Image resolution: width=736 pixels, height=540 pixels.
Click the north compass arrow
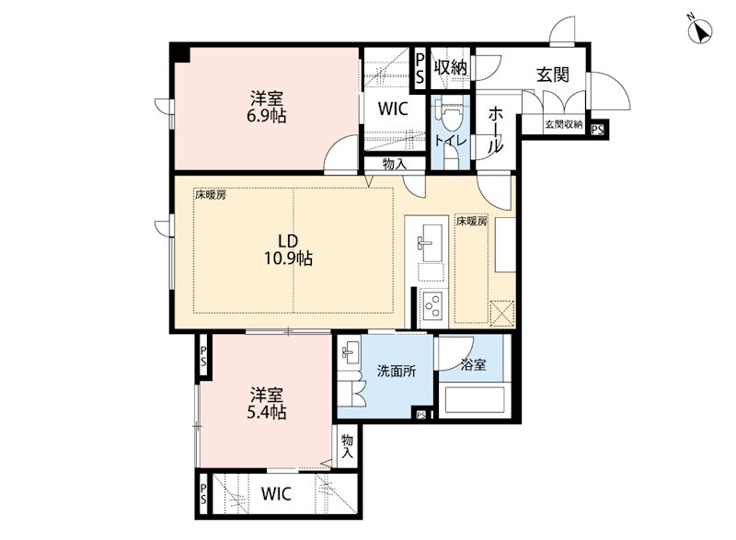tap(701, 31)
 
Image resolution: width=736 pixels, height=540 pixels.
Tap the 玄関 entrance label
tap(553, 75)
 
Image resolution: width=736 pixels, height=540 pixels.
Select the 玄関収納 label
tap(563, 125)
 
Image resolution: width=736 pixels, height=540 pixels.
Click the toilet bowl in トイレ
tap(450, 116)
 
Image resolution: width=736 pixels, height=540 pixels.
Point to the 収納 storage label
tap(450, 67)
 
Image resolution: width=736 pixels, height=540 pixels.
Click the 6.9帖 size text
tap(266, 115)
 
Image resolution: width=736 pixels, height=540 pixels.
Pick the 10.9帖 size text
tap(288, 258)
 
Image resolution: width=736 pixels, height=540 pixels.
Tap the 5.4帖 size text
tap(266, 412)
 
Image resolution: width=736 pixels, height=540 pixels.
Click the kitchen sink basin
tap(431, 243)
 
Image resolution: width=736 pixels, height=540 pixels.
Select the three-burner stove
tap(431, 304)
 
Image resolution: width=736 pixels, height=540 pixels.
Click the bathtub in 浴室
tap(474, 400)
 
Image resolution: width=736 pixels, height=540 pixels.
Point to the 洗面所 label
tap(397, 371)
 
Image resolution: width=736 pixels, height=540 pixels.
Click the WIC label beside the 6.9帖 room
tap(393, 109)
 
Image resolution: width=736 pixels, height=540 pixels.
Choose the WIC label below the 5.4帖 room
tap(276, 494)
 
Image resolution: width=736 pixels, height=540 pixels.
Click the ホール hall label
tap(495, 129)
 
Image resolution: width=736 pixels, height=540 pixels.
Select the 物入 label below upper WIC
tap(395, 164)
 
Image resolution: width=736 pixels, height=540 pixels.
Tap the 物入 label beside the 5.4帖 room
tap(347, 447)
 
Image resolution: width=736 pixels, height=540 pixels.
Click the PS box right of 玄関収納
tap(597, 129)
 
